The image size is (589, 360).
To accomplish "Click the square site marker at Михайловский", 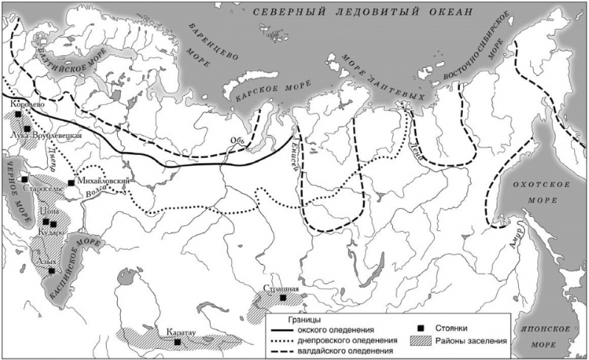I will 71,183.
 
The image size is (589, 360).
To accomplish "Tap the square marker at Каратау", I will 177,342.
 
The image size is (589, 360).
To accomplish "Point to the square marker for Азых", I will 51,271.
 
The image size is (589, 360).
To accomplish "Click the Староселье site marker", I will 25,180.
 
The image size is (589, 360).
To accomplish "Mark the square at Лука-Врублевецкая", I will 27,130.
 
